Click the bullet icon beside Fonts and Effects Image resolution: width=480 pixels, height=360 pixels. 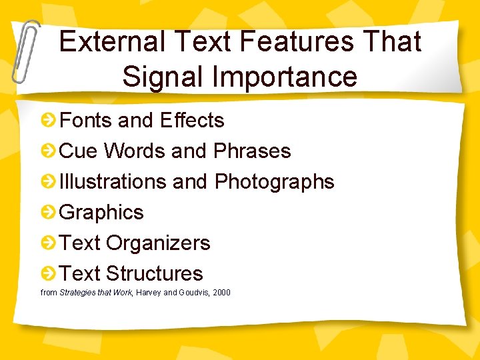[48, 121]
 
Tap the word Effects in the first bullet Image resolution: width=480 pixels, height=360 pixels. [193, 120]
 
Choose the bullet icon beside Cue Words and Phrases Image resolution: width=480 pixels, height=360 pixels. [48, 151]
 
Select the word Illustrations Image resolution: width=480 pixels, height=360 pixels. [113, 181]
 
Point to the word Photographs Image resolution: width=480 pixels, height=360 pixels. [274, 181]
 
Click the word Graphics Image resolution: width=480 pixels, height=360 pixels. [101, 212]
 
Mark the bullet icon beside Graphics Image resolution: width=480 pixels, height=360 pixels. [48, 213]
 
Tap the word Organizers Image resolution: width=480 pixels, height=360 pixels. [158, 243]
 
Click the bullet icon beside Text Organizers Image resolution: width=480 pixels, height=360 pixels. [48, 243]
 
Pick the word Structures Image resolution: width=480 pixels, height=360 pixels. [154, 273]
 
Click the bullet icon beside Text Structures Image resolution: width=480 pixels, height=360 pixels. [48, 274]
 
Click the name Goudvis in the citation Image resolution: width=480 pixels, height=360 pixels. [194, 292]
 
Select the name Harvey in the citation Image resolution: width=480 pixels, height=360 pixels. [148, 292]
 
